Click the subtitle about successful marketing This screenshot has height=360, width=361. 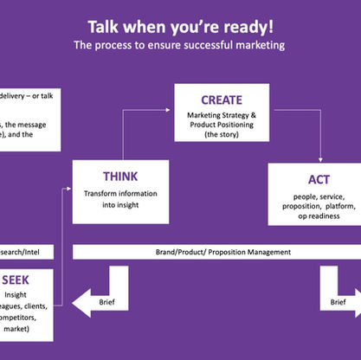pos(180,44)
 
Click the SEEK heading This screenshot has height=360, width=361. pos(19,280)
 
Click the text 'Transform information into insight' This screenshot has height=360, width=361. pos(108,198)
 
